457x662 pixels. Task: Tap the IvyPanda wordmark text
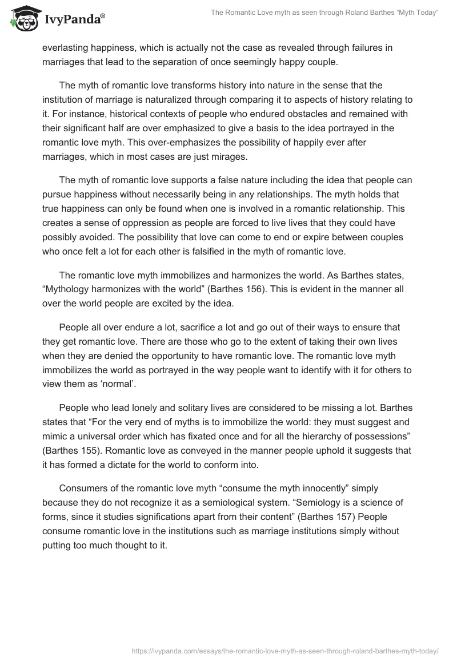[x=74, y=19]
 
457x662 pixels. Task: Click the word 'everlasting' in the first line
[x=67, y=48]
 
